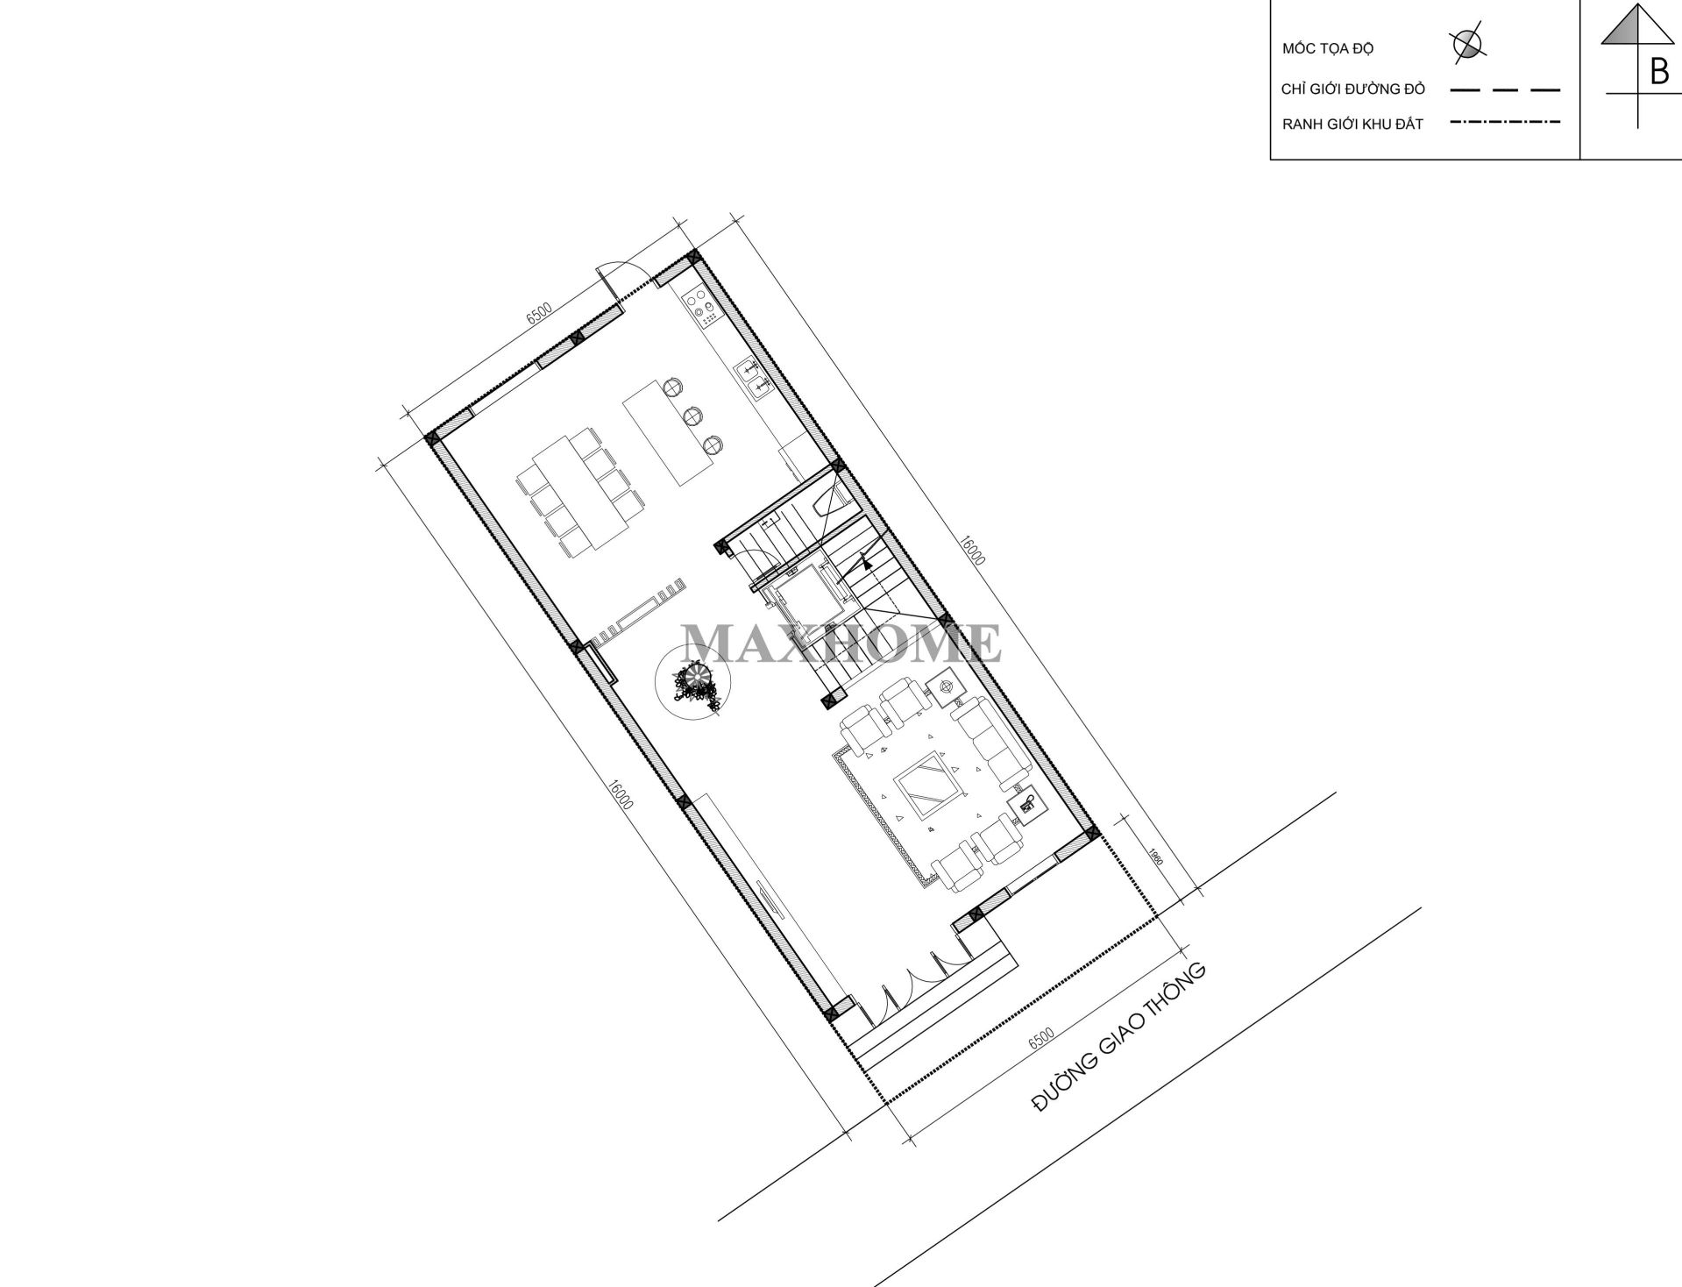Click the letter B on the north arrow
coord(1658,71)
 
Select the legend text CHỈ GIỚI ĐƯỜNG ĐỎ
coord(1354,89)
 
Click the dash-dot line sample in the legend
coord(1505,122)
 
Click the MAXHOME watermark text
coord(841,643)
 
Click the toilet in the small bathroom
coord(829,501)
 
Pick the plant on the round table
coord(695,686)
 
